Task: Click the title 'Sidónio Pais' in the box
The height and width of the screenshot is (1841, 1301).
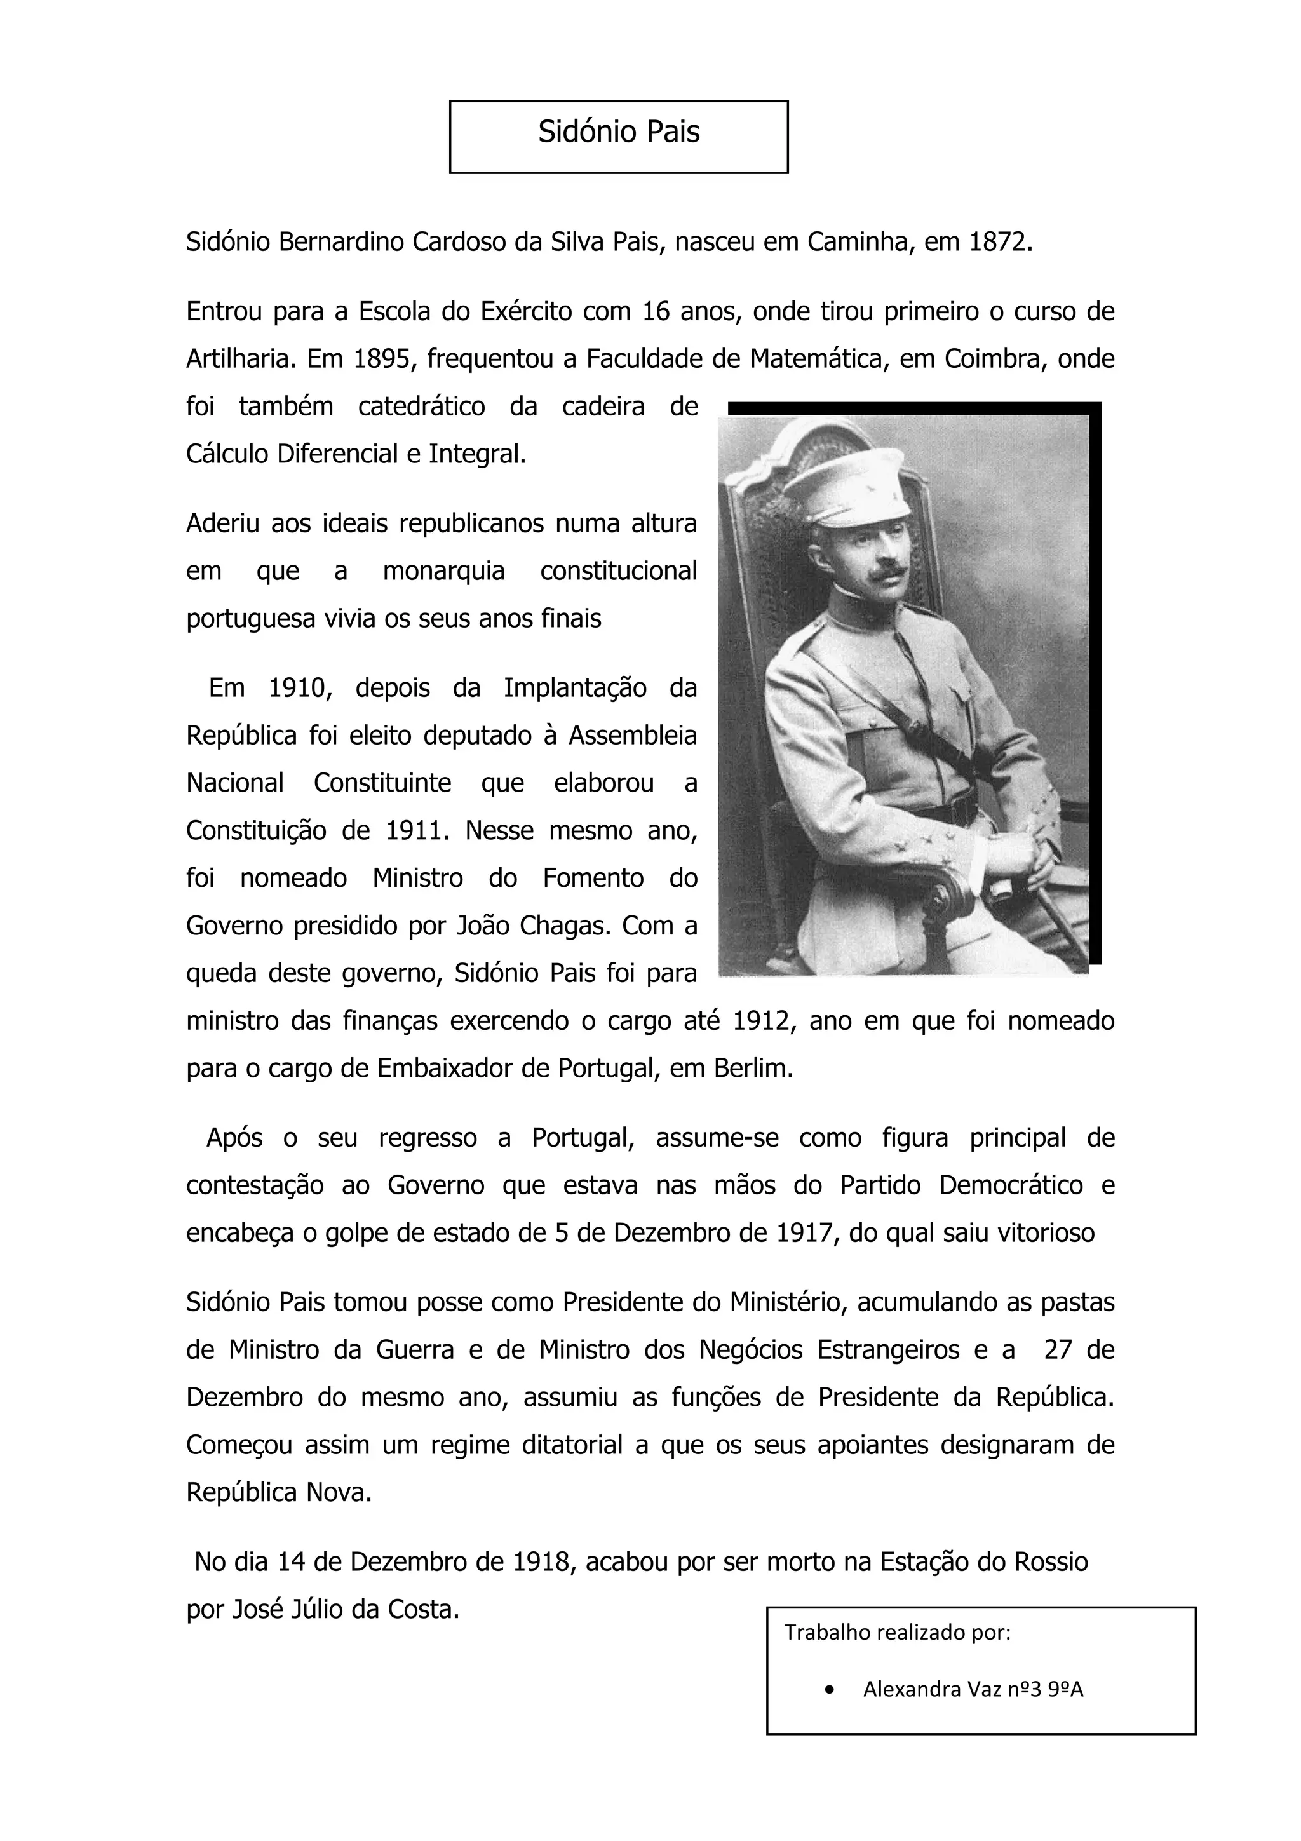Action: [618, 132]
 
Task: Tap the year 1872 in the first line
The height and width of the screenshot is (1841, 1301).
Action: [998, 242]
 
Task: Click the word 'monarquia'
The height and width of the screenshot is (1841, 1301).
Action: [443, 572]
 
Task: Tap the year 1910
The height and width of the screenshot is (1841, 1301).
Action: [295, 689]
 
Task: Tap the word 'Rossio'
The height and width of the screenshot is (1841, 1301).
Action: [1051, 1562]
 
